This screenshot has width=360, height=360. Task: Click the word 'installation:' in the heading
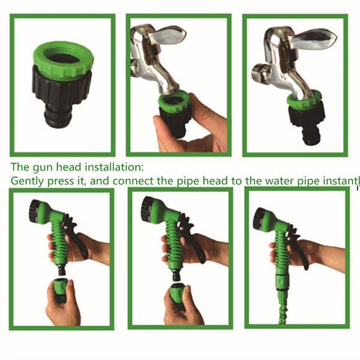pyautogui.click(x=114, y=167)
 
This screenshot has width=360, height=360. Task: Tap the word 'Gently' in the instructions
pyautogui.click(x=27, y=181)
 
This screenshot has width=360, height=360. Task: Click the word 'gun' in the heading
pyautogui.click(x=43, y=167)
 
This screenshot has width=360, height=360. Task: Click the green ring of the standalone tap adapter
pyautogui.click(x=64, y=59)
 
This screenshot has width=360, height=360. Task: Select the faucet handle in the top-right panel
pyautogui.click(x=314, y=38)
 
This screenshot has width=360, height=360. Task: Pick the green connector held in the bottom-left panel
pyautogui.click(x=61, y=289)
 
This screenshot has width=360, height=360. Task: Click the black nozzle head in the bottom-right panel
pyautogui.click(x=259, y=218)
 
